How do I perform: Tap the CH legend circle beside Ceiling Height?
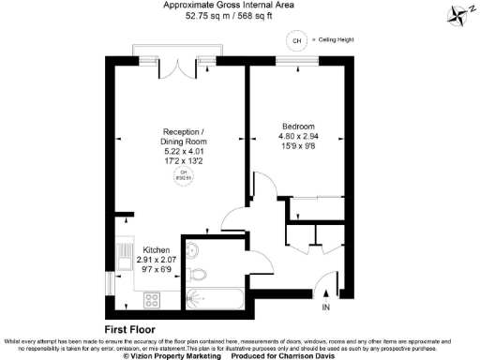pos(297,42)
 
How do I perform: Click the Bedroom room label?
pos(298,127)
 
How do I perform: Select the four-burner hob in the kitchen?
pos(152,299)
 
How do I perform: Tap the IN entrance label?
pos(326,307)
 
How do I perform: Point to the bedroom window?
pos(299,64)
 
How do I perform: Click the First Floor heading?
pos(129,330)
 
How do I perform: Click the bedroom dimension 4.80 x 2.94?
pos(298,137)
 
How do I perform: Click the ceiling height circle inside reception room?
pos(185,174)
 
